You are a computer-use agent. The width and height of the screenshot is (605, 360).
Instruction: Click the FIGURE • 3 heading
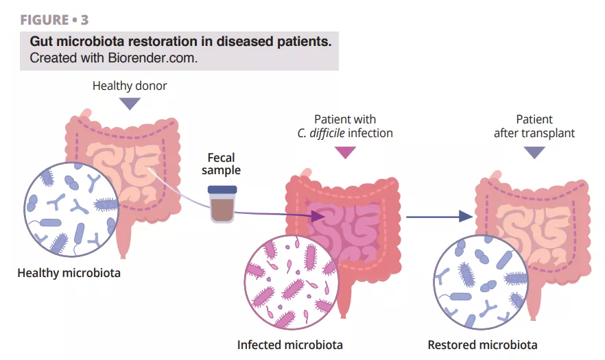tap(54, 20)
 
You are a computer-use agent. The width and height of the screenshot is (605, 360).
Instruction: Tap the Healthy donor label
tap(130, 86)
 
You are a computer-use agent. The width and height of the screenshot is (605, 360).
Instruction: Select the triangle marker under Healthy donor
tap(130, 103)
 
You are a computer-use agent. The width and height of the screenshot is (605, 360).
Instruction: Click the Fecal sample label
tap(221, 164)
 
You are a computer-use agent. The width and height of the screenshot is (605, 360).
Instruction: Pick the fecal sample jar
tap(222, 204)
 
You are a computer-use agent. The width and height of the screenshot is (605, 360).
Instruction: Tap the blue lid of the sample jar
tap(222, 189)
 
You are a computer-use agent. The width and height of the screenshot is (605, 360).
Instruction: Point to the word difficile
tap(327, 133)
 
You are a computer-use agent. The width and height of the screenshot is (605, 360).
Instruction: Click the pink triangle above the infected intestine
tap(344, 152)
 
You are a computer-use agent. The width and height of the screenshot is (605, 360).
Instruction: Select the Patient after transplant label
tap(534, 126)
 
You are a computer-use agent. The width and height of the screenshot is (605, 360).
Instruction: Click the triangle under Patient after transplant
tap(534, 152)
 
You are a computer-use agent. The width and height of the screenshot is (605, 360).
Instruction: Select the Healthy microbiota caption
tap(69, 273)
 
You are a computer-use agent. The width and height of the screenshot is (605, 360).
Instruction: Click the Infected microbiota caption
tap(289, 344)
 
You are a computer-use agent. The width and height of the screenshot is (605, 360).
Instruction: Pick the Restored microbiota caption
tap(482, 344)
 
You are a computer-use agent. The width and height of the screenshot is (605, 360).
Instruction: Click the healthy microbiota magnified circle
tap(71, 208)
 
